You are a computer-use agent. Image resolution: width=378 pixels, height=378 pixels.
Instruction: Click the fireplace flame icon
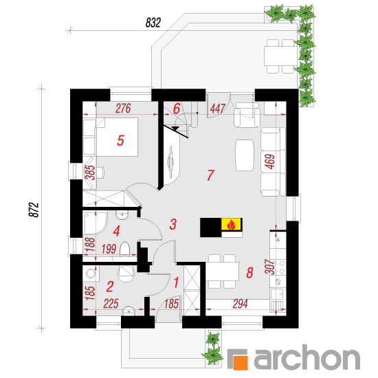coord(231,224)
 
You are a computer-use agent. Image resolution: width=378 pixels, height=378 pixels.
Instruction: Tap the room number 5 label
coord(120,140)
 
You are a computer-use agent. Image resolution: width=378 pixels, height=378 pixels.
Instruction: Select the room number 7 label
coord(210,175)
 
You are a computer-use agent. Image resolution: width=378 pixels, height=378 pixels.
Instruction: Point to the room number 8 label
coord(249,273)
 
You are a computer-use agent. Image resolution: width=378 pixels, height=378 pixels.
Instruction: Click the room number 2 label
coord(110,287)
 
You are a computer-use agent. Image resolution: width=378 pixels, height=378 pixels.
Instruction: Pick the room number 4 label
coord(116,231)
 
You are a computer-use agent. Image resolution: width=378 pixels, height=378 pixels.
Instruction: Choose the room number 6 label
coord(177,109)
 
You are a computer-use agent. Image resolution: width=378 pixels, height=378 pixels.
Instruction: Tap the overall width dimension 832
coord(153,23)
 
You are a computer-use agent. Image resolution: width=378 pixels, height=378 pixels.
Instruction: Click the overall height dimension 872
coord(34,210)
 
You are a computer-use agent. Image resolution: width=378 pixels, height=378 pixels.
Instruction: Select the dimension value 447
coord(218,109)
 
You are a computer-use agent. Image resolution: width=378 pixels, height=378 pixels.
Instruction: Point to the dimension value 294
coord(240,304)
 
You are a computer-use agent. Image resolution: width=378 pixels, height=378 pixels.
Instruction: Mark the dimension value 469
coord(270,162)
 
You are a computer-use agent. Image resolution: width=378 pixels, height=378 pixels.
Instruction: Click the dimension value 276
coord(123,109)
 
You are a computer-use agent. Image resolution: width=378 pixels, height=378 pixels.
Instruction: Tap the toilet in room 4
coord(125,249)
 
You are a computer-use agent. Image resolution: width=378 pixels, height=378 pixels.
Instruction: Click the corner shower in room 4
coord(95,223)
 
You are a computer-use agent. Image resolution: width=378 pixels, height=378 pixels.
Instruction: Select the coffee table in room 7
coord(245,155)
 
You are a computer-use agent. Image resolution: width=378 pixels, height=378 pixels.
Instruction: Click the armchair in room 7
coord(247,115)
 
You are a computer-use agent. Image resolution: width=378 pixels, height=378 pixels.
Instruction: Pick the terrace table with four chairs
coord(280,56)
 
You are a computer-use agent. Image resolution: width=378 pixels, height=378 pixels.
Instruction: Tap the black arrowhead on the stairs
coord(175,129)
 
